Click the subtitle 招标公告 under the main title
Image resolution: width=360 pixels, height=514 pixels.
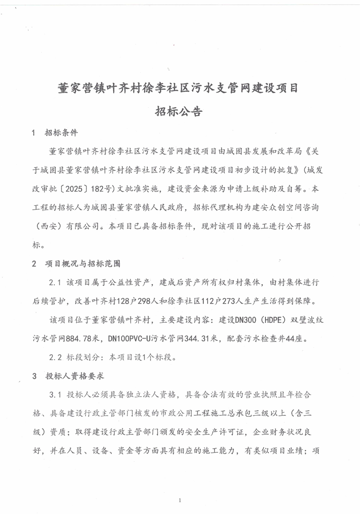(180, 112)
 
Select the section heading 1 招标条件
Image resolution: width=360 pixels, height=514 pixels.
(54, 133)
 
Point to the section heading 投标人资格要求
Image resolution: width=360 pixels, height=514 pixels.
(76, 376)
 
